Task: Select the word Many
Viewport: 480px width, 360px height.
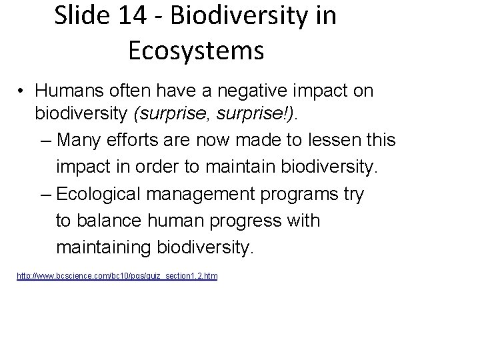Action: tap(81, 141)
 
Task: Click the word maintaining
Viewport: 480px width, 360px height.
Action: tap(104, 248)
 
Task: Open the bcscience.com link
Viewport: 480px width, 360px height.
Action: tap(117, 275)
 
